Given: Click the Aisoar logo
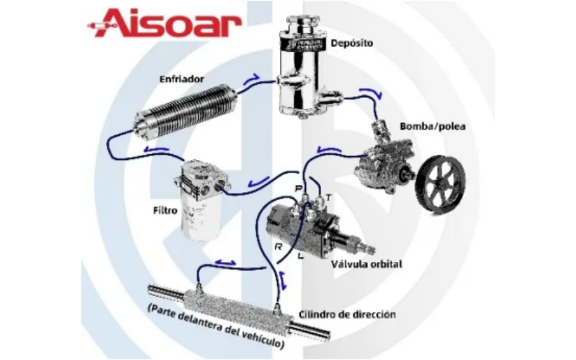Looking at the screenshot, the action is click(164, 23).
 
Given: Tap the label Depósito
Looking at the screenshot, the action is click(351, 43).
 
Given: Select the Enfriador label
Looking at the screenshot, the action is click(181, 78).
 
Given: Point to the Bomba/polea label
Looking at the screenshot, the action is click(433, 127).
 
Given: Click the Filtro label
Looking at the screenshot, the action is click(165, 210).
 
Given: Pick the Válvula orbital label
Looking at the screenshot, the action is click(366, 264).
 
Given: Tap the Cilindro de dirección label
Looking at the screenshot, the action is click(347, 315).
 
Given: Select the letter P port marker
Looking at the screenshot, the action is click(299, 189).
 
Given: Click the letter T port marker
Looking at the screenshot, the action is click(328, 198).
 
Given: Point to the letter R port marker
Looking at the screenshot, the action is click(279, 247).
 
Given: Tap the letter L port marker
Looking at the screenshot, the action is click(301, 256).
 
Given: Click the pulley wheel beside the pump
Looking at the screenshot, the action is click(442, 183).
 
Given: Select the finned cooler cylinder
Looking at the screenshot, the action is click(186, 112).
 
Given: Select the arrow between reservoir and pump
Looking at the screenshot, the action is click(371, 94).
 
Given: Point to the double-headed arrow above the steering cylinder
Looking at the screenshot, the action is click(225, 262).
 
